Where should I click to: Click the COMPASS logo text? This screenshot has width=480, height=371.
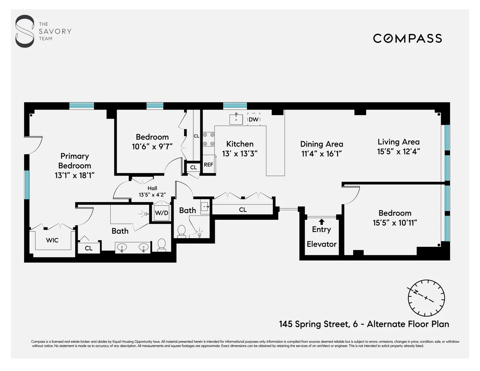(x=407, y=38)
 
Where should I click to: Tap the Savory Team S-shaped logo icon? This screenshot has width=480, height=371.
(x=24, y=31)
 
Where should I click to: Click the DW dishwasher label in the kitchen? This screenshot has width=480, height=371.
(x=254, y=119)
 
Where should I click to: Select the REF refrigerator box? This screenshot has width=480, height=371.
(x=208, y=165)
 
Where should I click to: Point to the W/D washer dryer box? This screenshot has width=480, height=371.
(x=161, y=213)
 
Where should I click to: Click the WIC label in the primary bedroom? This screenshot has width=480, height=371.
(x=52, y=240)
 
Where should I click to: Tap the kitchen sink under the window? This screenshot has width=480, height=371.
(x=236, y=119)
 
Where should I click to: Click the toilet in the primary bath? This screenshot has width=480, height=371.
(x=161, y=244)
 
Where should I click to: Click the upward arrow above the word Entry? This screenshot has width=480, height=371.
(x=322, y=222)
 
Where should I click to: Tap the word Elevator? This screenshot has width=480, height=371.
(x=322, y=244)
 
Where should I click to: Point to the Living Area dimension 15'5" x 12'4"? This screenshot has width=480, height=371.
(x=398, y=151)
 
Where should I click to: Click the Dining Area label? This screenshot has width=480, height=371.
(x=322, y=144)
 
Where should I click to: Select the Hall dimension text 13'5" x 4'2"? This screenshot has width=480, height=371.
(x=152, y=195)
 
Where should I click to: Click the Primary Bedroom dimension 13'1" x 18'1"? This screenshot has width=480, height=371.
(x=75, y=175)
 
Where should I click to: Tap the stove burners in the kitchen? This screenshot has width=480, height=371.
(x=208, y=139)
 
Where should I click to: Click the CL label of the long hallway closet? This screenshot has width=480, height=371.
(x=243, y=210)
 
